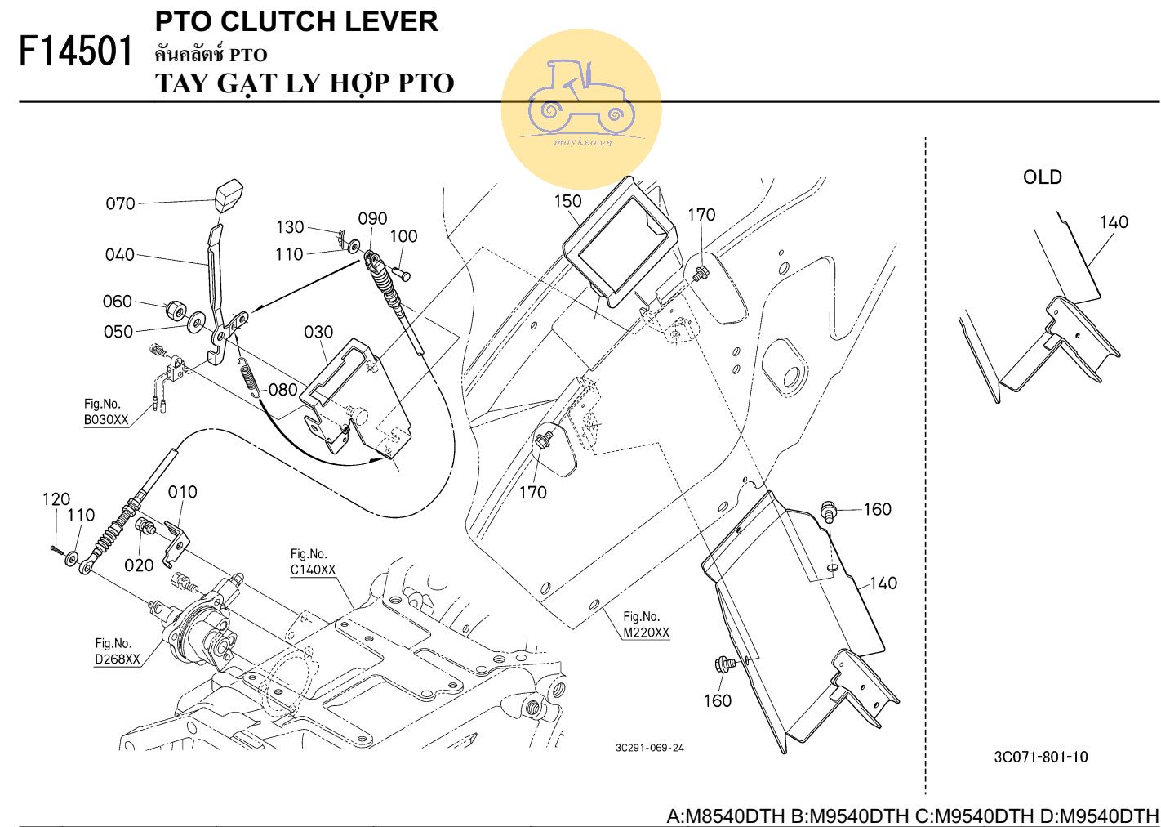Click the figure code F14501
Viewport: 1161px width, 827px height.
point(75,52)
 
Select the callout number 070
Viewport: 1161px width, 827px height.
point(120,203)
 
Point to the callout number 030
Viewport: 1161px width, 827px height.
point(318,332)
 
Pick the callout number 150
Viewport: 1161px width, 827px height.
point(567,201)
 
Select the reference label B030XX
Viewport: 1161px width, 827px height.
point(106,420)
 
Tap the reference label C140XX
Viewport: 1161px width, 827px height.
point(313,570)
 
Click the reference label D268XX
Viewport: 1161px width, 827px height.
point(117,659)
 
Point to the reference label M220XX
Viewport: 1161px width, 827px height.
point(646,633)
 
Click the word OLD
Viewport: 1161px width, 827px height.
point(1042,177)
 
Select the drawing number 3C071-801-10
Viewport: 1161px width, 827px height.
point(1040,757)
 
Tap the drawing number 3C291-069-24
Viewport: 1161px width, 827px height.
point(650,748)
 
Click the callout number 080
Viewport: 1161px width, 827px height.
point(282,390)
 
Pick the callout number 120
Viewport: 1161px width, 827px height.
point(56,499)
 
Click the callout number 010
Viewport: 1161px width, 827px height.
point(183,492)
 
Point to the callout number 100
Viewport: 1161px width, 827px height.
point(403,236)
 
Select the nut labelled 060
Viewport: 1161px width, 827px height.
point(174,310)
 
